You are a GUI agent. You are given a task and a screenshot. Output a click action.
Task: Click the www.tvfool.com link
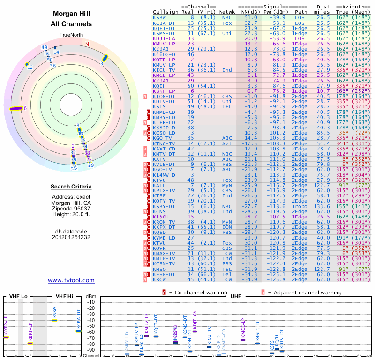(x=71, y=280)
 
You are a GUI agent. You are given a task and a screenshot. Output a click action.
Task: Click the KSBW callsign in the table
(x=158, y=17)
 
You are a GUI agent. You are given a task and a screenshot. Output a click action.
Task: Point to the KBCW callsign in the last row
(x=160, y=279)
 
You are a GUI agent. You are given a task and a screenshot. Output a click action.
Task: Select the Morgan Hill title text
(x=71, y=14)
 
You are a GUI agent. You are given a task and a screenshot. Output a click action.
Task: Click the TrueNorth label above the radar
(x=71, y=35)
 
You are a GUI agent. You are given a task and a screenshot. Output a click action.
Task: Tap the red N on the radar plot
(x=87, y=44)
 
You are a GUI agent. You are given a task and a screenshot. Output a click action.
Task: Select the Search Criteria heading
(x=71, y=187)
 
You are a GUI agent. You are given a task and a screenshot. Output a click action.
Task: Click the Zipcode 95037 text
(x=71, y=208)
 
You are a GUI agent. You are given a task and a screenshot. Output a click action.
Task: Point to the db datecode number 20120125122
(x=71, y=237)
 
